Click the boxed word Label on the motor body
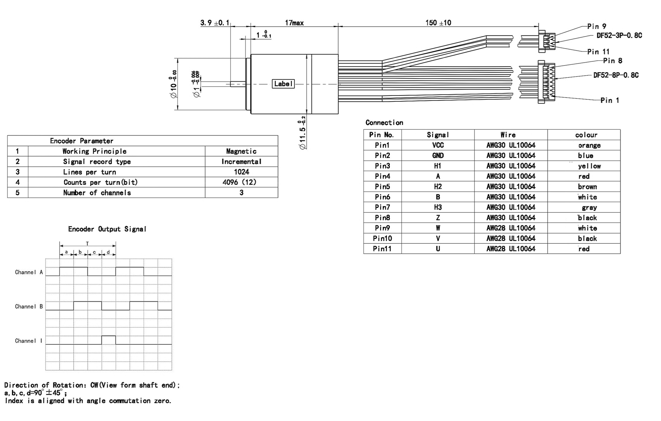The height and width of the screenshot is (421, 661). point(283,84)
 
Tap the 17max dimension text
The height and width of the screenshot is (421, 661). point(294,23)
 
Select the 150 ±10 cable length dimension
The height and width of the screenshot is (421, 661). point(438,23)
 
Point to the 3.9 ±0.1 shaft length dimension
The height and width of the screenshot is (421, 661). point(215,23)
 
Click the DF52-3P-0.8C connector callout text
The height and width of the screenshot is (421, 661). point(619,36)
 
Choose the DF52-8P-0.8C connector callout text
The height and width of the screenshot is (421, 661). point(615,75)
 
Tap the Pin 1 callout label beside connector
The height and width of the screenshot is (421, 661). point(609,100)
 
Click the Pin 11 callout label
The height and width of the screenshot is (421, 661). point(598,52)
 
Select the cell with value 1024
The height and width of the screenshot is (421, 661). point(241,172)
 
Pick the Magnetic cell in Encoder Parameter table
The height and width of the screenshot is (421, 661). point(241,151)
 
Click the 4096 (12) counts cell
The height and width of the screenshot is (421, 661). point(239,182)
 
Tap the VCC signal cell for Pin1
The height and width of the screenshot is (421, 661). point(438,145)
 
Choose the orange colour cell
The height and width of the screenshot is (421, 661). point(589,145)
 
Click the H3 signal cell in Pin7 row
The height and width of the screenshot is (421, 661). point(438,207)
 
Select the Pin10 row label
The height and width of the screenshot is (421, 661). point(382,238)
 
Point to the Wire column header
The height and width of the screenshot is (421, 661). point(508,135)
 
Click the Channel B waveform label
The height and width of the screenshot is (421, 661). point(29,306)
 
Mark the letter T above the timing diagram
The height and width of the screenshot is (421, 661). point(87,243)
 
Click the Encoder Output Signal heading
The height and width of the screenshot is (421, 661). point(107,229)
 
